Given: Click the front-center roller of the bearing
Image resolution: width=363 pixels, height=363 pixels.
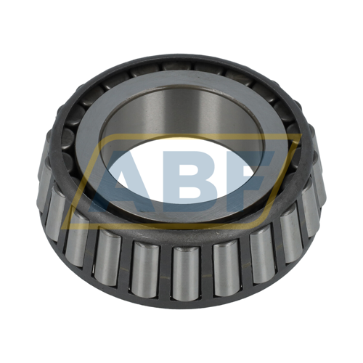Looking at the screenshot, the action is [186, 273].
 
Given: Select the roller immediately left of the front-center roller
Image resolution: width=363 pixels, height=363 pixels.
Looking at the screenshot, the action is [145, 269].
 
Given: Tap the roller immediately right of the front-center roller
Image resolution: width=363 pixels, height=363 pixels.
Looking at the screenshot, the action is [227, 269].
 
